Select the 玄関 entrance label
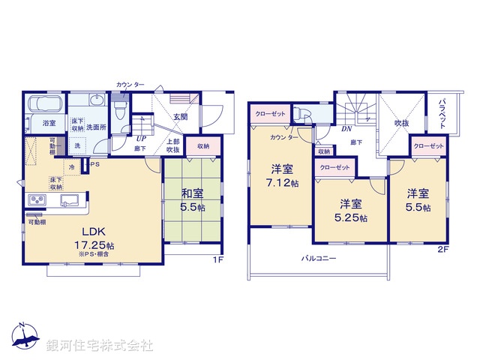tap(181, 117)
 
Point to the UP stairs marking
tap(141, 138)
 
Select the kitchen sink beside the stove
tap(69, 200)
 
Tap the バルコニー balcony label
tap(319, 259)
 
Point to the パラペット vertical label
tap(443, 113)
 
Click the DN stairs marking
tap(347, 129)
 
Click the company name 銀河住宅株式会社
tap(99, 346)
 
